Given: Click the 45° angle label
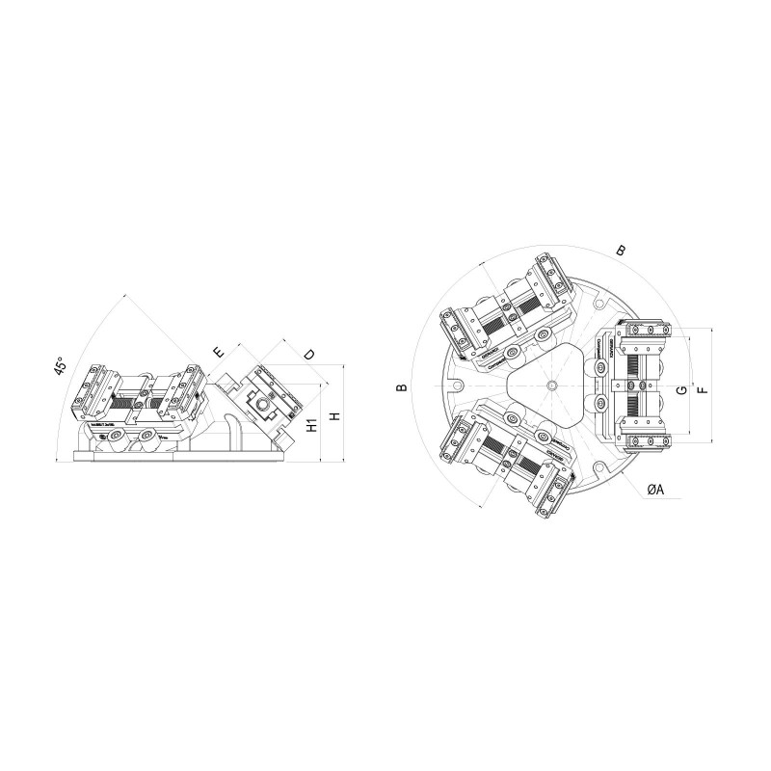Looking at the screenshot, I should tap(60, 370).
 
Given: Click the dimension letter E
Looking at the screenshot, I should tap(219, 352).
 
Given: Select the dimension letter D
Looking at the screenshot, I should tap(308, 355).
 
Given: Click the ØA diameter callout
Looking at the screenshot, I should tap(654, 490).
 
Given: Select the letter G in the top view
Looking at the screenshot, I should tap(680, 389).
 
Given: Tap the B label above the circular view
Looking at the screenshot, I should tap(622, 251).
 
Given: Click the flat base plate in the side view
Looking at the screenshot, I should tap(183, 460).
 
